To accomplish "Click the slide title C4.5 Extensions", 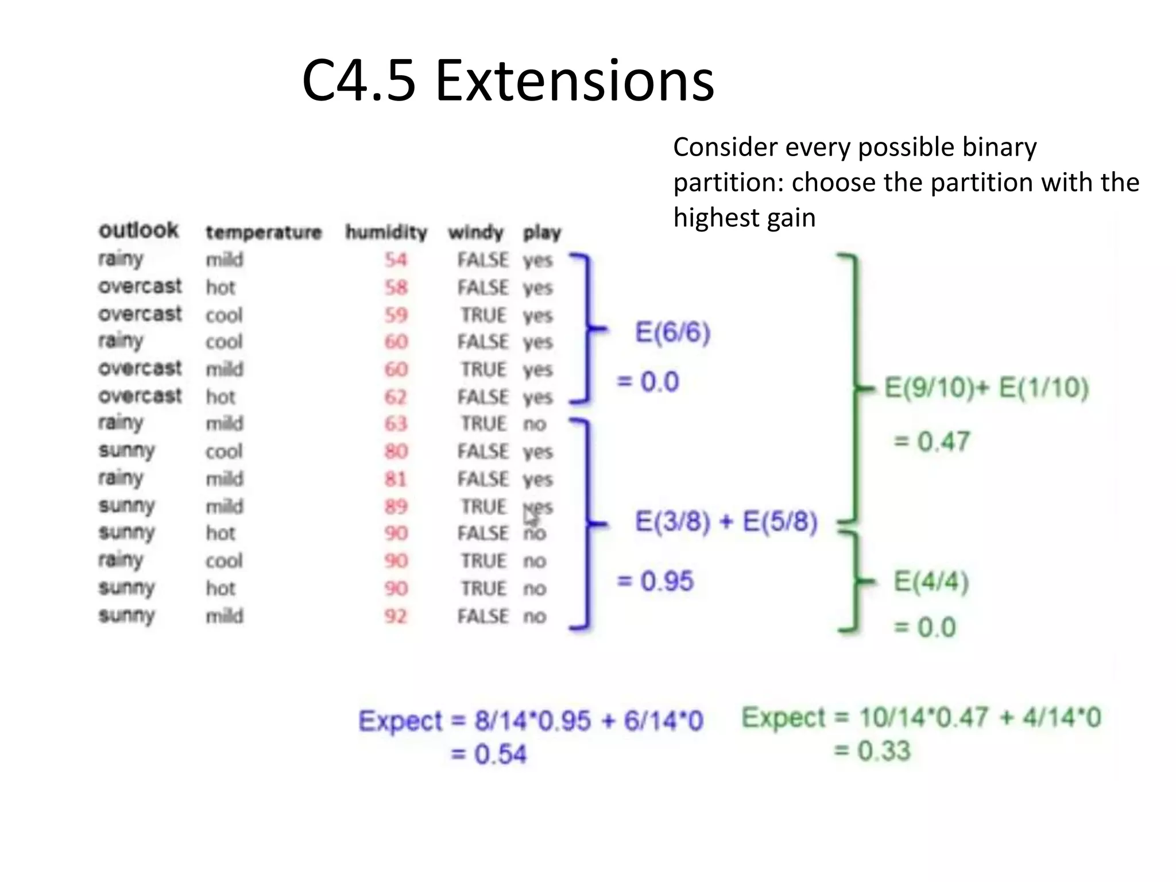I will click(x=508, y=82).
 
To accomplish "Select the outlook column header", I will click(x=139, y=230).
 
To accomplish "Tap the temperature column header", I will click(x=264, y=233).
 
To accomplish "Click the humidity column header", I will click(x=386, y=233).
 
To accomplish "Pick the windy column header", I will click(x=475, y=233).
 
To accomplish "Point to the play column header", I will click(x=541, y=233).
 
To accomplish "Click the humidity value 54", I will click(x=396, y=260).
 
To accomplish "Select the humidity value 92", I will click(x=396, y=616).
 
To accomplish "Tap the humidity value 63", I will click(x=396, y=424).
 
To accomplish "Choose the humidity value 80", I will click(x=396, y=451).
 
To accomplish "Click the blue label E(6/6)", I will click(x=672, y=332).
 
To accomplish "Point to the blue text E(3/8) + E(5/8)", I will click(x=726, y=522).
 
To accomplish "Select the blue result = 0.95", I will click(x=655, y=581).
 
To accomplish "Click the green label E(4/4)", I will click(x=931, y=582).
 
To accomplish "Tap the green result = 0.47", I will click(x=931, y=442).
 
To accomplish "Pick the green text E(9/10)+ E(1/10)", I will click(x=986, y=388).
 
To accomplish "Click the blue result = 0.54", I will click(x=488, y=754).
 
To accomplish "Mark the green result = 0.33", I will click(x=872, y=751).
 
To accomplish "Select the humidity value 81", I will click(x=396, y=479).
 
